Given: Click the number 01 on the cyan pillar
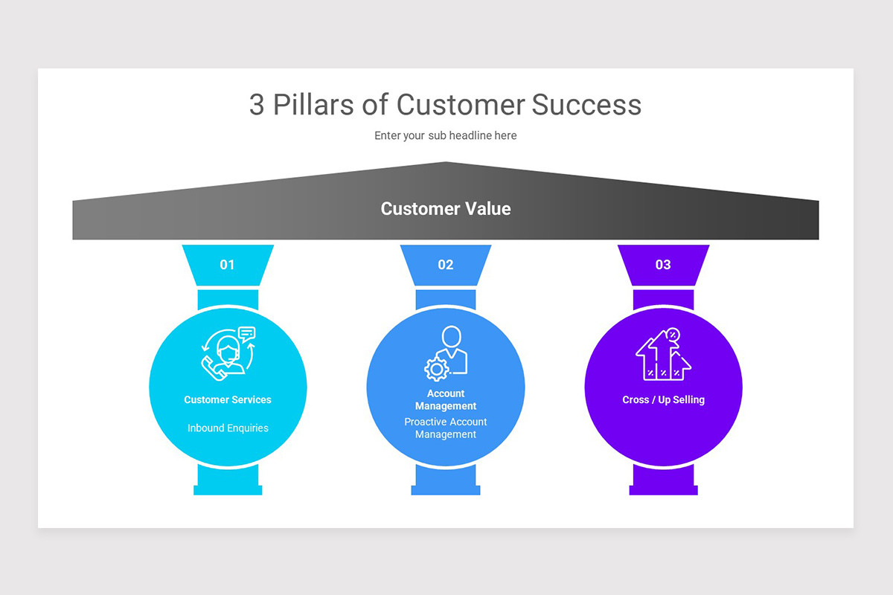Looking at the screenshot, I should [x=227, y=265].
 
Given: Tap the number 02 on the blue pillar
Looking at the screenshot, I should [x=445, y=265].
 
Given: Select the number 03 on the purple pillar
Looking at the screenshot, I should [x=663, y=265].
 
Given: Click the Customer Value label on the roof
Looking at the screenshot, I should [x=446, y=209].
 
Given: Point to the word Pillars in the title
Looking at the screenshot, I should [x=313, y=105].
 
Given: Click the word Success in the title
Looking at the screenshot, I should [x=586, y=105].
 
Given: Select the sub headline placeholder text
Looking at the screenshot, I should [x=445, y=135].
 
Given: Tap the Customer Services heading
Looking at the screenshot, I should [x=228, y=400].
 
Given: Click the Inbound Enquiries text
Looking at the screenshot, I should [x=228, y=428].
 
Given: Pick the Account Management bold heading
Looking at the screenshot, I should [x=446, y=400].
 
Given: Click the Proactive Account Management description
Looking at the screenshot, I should [x=446, y=428].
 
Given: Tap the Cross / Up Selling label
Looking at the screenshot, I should [x=663, y=400].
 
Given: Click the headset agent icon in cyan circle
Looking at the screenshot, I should [x=228, y=352].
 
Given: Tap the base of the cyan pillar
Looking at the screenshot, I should [x=228, y=489].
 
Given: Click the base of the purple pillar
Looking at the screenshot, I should [x=663, y=489].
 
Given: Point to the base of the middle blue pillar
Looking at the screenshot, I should [x=446, y=489].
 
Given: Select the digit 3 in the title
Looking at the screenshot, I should [x=257, y=105].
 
